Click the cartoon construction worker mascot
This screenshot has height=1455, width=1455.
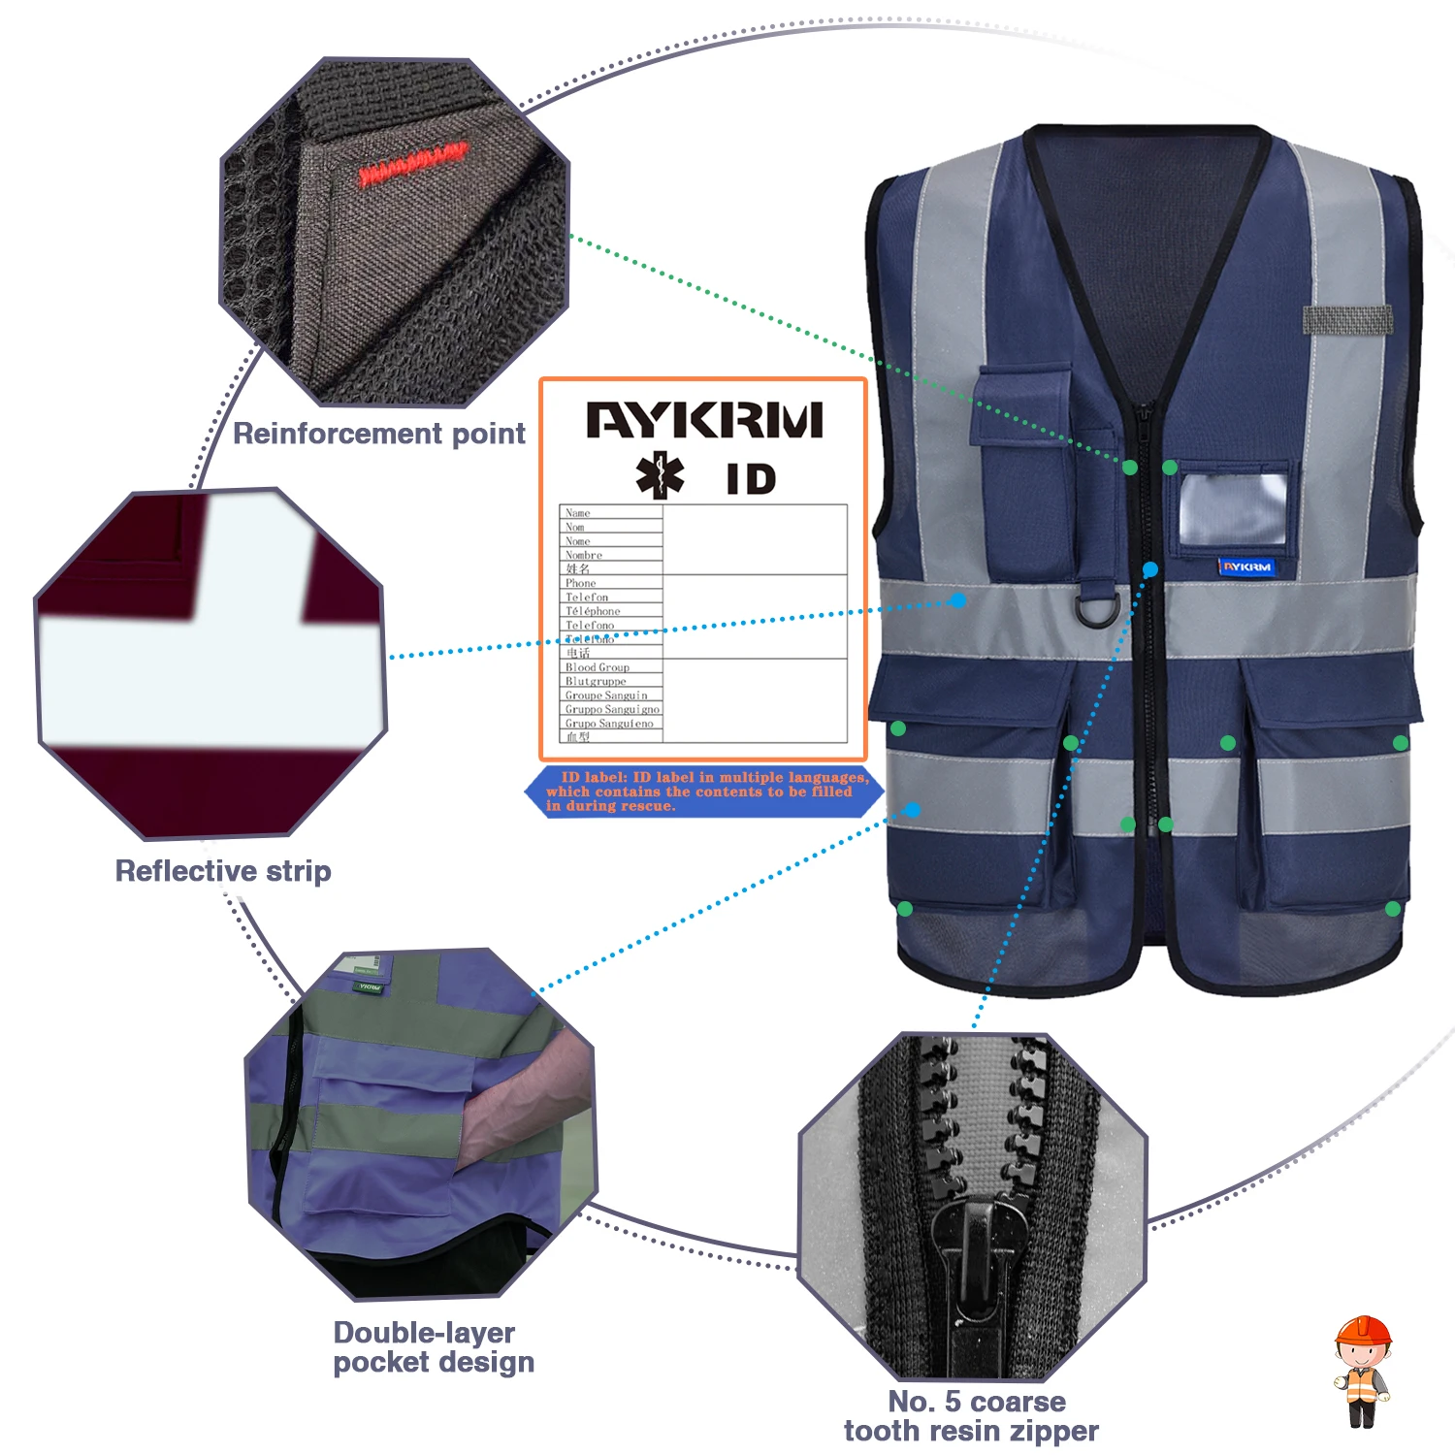click(1362, 1372)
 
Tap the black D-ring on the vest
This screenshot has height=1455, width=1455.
click(1097, 608)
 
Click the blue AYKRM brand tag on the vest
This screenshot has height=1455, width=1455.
click(1246, 566)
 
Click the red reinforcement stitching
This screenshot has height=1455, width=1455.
click(412, 165)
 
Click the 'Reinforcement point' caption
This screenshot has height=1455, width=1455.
click(379, 434)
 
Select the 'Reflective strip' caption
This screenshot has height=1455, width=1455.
click(223, 871)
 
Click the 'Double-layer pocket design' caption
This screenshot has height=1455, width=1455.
click(433, 1347)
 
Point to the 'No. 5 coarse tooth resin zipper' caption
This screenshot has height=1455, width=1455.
click(971, 1416)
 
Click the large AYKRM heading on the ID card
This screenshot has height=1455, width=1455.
click(704, 421)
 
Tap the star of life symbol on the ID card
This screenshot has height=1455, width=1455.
click(660, 475)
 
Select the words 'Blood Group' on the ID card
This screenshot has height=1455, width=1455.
click(598, 667)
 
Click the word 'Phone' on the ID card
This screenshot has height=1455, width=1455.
click(581, 583)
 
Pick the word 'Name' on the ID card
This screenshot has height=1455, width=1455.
click(578, 513)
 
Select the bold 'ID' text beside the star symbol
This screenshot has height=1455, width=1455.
click(751, 479)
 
